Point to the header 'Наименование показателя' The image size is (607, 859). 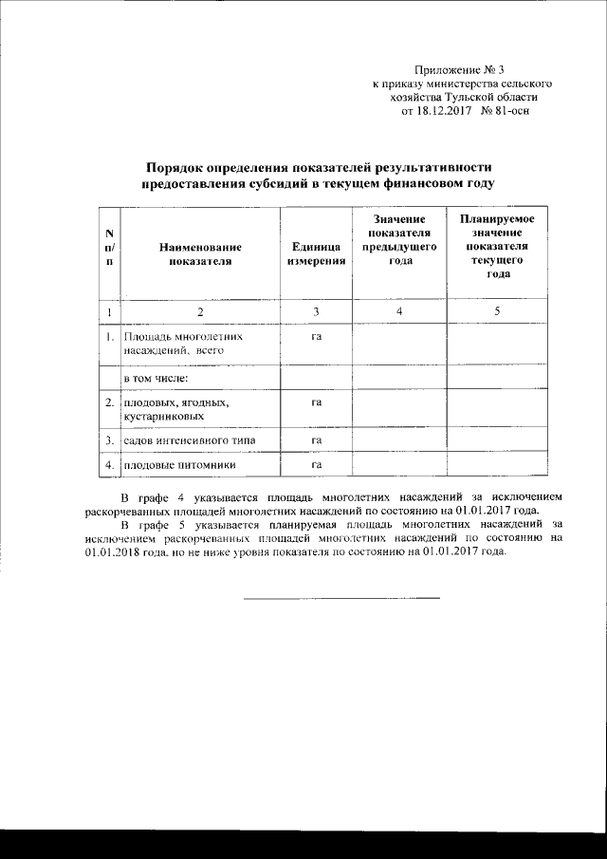tap(200, 253)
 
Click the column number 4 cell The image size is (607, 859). tap(398, 311)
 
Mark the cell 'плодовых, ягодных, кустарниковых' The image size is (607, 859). tap(176, 409)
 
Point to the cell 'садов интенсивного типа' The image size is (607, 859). tap(188, 440)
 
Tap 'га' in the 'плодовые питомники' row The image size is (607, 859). tap(316, 465)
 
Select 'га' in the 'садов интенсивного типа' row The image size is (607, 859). tap(316, 440)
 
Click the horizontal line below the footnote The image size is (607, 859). tap(341, 598)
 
